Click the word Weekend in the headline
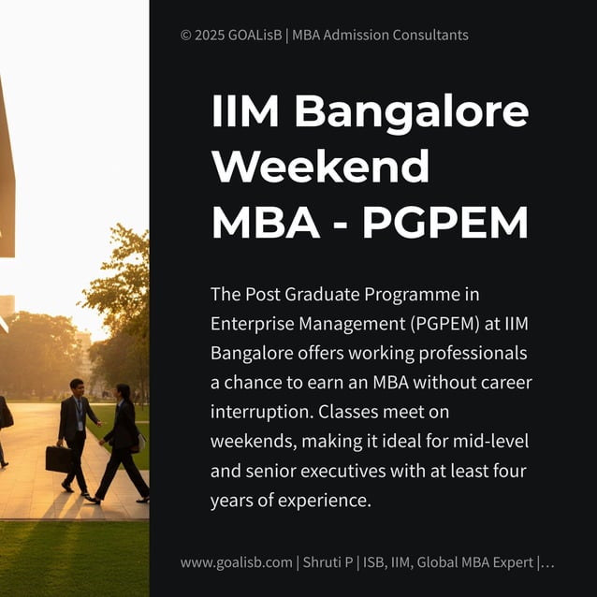[x=320, y=167]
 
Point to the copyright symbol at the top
[x=185, y=36]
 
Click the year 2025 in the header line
[x=210, y=36]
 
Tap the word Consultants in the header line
[x=427, y=36]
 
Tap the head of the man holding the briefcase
[x=76, y=386]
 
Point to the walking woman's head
[x=124, y=392]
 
